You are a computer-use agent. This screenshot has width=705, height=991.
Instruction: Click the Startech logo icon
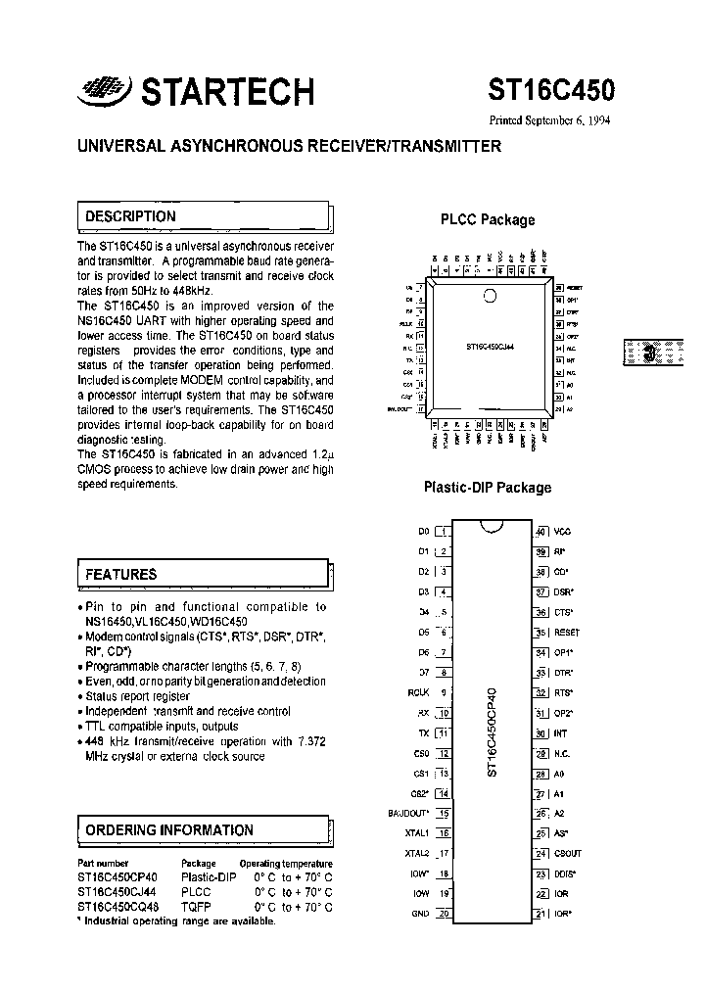[102, 89]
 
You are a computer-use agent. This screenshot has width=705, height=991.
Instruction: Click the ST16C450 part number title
[552, 91]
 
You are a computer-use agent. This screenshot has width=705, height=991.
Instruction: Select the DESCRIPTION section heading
[130, 216]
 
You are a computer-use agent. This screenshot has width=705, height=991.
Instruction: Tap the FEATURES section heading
[120, 574]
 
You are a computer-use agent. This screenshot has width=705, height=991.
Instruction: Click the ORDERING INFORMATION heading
[168, 830]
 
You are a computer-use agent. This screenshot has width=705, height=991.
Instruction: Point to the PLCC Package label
[488, 220]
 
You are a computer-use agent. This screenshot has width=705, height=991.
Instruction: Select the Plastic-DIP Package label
[487, 488]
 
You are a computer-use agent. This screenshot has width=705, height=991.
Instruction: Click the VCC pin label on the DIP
[562, 531]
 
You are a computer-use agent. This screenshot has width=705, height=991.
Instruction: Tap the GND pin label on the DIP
[420, 914]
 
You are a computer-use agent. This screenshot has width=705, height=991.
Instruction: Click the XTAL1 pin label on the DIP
[417, 832]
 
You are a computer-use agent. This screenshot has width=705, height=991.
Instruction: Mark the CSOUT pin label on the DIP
[568, 854]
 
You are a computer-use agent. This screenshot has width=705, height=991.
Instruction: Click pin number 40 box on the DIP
[540, 531]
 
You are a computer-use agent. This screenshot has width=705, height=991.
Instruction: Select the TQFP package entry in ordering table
[197, 907]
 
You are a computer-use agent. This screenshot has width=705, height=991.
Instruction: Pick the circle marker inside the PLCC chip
[490, 295]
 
